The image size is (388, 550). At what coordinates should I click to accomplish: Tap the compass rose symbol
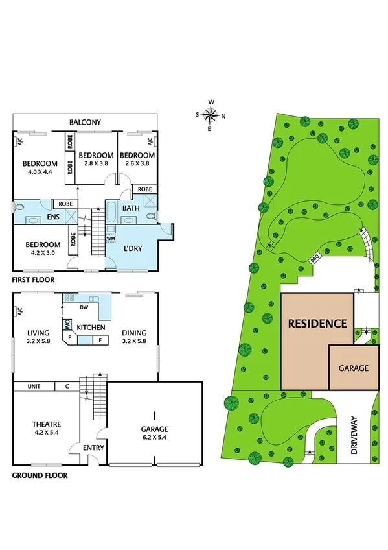(x=211, y=115)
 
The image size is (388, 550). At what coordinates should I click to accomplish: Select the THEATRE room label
(x=47, y=424)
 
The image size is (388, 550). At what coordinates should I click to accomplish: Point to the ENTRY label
(x=93, y=448)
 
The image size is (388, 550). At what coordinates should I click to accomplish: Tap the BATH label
(x=131, y=208)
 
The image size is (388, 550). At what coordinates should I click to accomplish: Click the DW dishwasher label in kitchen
(x=84, y=307)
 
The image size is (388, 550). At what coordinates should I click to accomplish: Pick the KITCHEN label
(x=91, y=328)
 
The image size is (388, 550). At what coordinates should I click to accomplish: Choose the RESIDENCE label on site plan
(x=317, y=323)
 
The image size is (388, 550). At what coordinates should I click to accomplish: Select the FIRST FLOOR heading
(x=33, y=280)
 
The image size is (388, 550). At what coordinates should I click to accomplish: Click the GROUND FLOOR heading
(x=40, y=475)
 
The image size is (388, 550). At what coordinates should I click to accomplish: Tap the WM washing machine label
(x=111, y=239)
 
